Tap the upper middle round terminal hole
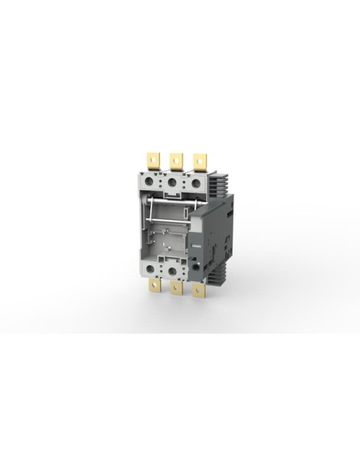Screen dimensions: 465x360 pyautogui.click(x=172, y=183)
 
